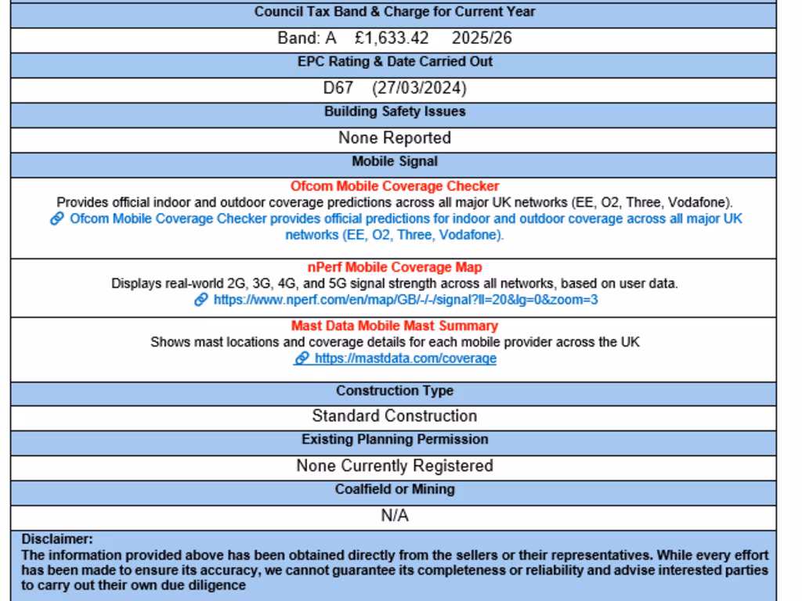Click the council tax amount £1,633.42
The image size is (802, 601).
(x=392, y=38)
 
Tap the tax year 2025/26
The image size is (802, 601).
(x=482, y=38)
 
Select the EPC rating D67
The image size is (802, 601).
(x=338, y=88)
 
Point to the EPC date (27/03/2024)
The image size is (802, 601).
(x=419, y=88)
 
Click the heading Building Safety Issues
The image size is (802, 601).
(x=395, y=112)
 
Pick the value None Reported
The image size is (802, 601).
(x=395, y=138)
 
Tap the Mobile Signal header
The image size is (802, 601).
(x=395, y=162)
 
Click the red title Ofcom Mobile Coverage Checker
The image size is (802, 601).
(x=395, y=186)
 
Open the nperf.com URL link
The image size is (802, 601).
(x=406, y=300)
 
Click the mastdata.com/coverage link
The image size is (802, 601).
(x=406, y=358)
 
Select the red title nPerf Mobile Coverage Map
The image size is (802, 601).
(x=395, y=268)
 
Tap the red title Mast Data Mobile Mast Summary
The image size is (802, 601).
(x=395, y=326)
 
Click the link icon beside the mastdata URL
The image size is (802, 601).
(x=302, y=358)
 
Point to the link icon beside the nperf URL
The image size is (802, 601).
(x=201, y=300)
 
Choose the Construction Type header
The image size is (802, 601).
(x=395, y=390)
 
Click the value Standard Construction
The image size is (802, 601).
(x=395, y=416)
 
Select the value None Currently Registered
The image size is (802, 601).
(x=395, y=466)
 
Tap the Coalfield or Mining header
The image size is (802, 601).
(x=395, y=489)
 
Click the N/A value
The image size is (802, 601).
(x=395, y=516)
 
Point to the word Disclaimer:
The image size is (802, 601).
(x=57, y=539)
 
